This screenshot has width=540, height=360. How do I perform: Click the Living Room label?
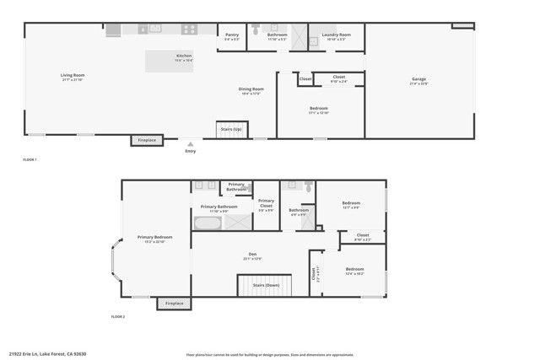73,76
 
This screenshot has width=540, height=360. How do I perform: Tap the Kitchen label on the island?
184,57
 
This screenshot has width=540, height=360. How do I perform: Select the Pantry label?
232,36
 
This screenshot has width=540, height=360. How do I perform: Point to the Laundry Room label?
336,36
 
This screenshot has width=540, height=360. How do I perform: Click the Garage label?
419,81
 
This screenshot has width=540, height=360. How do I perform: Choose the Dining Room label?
251,90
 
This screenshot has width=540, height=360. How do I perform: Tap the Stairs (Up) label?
231,129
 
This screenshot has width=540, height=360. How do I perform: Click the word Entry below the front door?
190,151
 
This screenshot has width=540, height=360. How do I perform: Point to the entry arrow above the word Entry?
190,144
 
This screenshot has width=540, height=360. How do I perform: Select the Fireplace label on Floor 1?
146,140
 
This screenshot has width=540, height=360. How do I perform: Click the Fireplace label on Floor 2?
174,303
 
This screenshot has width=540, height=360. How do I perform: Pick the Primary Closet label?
266,202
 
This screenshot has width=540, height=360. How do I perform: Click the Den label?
252,255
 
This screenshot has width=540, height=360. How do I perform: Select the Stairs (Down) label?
266,285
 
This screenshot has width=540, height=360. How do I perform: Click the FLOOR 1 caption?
30,159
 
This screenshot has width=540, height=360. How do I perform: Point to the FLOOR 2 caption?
117,316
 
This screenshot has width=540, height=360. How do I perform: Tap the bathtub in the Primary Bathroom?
208,223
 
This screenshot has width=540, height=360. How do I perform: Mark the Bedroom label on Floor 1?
319,109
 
